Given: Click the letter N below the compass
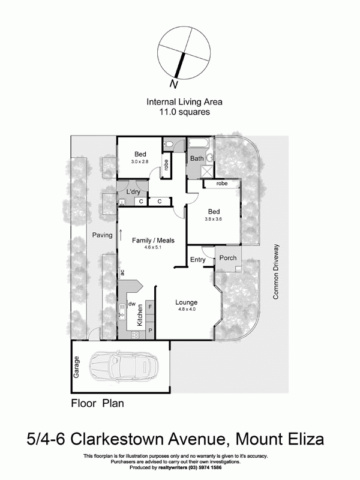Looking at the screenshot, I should tap(174, 83).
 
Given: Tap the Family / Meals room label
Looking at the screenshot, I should tap(153, 240).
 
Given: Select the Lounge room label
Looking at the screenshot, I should tap(187, 302).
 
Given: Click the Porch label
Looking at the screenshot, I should tap(228, 258).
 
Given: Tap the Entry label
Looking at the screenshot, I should tap(197, 260).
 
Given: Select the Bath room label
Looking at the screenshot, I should tap(197, 159).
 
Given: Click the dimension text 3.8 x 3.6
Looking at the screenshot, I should tap(215, 220).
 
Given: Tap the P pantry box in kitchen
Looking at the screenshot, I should tap(150, 329).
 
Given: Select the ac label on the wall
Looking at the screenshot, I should tap(122, 273).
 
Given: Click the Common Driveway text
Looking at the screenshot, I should tap(277, 271).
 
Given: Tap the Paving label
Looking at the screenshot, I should tap(102, 235).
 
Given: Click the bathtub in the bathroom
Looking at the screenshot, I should tap(198, 143).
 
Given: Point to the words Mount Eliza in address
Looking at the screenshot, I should tap(279, 439).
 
